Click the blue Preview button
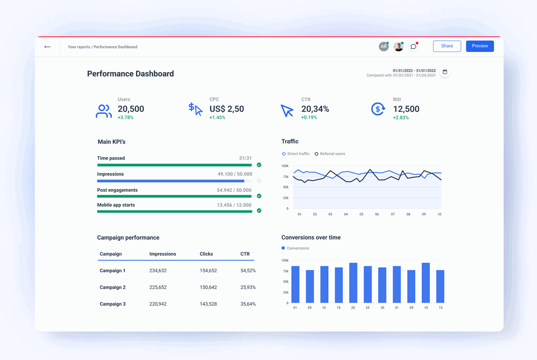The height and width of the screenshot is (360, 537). [480, 46]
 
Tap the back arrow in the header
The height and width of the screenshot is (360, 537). [47, 47]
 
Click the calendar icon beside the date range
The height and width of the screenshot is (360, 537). [445, 72]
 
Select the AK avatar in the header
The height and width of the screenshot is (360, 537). [384, 47]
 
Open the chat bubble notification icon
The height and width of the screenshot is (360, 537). [413, 47]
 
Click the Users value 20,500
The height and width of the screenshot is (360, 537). [131, 109]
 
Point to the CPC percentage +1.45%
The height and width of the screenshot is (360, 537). [217, 118]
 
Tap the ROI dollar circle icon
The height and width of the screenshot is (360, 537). [378, 109]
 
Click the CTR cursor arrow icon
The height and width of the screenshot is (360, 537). [287, 110]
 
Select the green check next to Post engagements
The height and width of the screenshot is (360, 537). [259, 196]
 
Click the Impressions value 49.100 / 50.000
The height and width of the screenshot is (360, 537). [234, 174]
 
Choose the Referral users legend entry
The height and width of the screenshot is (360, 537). [330, 154]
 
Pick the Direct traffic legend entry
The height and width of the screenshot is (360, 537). [296, 154]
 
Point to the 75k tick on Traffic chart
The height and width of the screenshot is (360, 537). [285, 176]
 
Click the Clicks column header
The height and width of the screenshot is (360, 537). [206, 254]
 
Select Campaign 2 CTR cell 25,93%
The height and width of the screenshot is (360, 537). [248, 287]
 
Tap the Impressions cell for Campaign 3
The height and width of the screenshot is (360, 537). [158, 304]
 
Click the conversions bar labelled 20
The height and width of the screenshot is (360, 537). [353, 283]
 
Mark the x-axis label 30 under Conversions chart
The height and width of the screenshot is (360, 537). [382, 308]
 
